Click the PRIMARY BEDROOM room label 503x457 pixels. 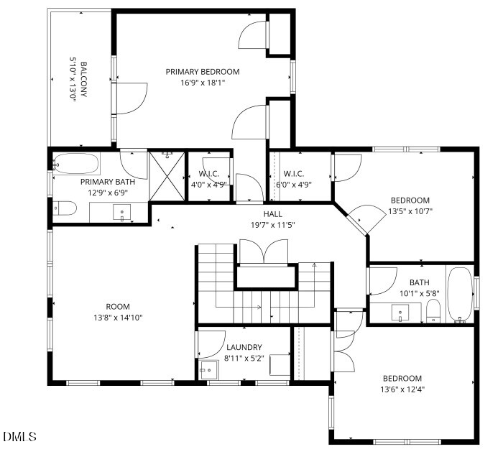coord(202,72)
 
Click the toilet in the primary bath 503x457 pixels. coord(65,209)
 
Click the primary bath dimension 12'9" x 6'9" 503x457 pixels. coord(107,193)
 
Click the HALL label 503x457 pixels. coord(272,214)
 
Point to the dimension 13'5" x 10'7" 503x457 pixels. coord(410,211)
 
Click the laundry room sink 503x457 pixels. coord(209,369)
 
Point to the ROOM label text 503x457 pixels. coord(117,307)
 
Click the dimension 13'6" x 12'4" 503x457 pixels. coord(402,389)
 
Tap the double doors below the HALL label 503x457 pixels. coord(266,252)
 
